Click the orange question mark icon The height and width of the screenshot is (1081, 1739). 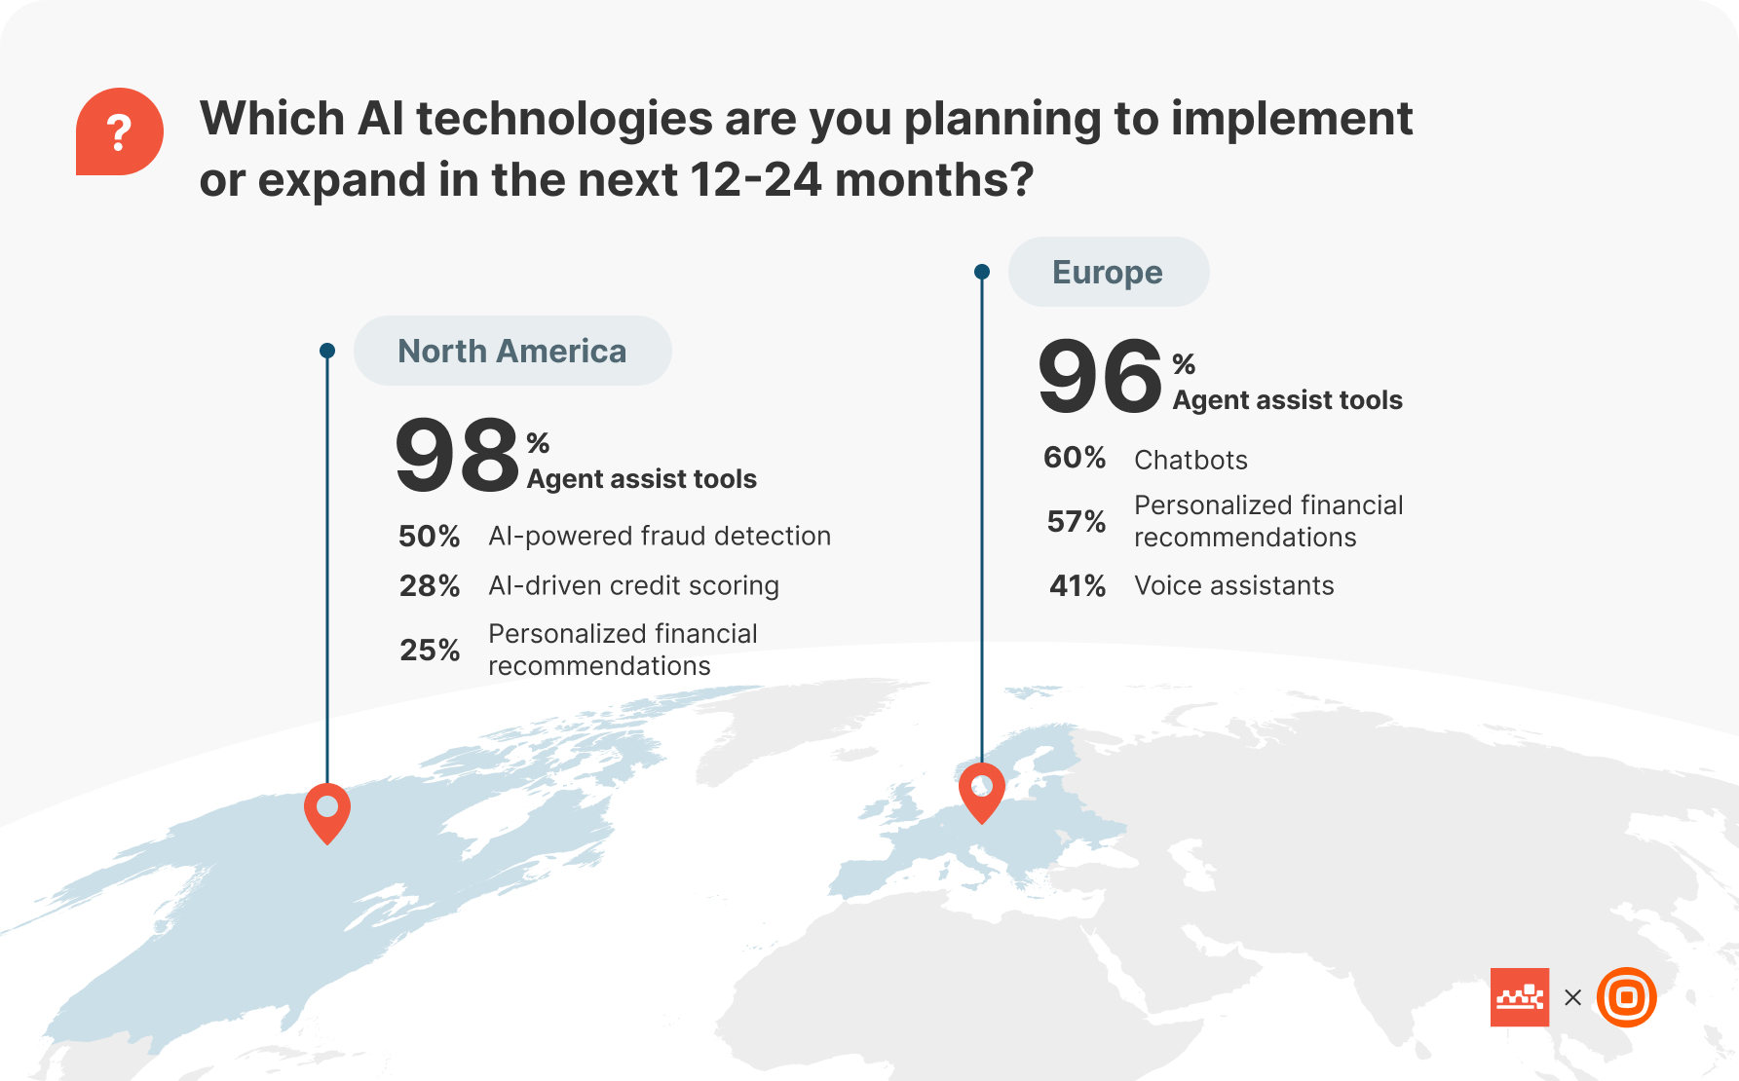tap(119, 131)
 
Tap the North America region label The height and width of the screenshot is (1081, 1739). tap(511, 351)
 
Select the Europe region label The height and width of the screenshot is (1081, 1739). tap(1108, 272)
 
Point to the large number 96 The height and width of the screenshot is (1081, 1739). tap(1100, 376)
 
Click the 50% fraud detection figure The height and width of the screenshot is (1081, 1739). tap(429, 536)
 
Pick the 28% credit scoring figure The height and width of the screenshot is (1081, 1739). tap(429, 585)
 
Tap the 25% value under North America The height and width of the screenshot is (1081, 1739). tap(430, 650)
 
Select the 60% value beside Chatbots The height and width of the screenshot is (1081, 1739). tap(1075, 458)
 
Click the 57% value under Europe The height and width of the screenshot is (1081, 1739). tap(1076, 521)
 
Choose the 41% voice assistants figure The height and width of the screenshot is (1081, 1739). tap(1077, 585)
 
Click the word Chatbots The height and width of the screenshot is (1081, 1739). tap(1191, 460)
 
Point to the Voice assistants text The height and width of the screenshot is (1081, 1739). tap(1233, 585)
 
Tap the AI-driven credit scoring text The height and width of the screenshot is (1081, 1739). tap(633, 585)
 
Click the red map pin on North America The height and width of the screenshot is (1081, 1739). tap(327, 811)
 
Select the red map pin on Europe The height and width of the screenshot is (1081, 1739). tap(982, 791)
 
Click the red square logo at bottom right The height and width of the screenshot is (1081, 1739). tap(1519, 997)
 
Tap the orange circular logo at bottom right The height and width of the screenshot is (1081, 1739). tap(1626, 997)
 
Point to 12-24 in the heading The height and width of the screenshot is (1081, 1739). tap(755, 180)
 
